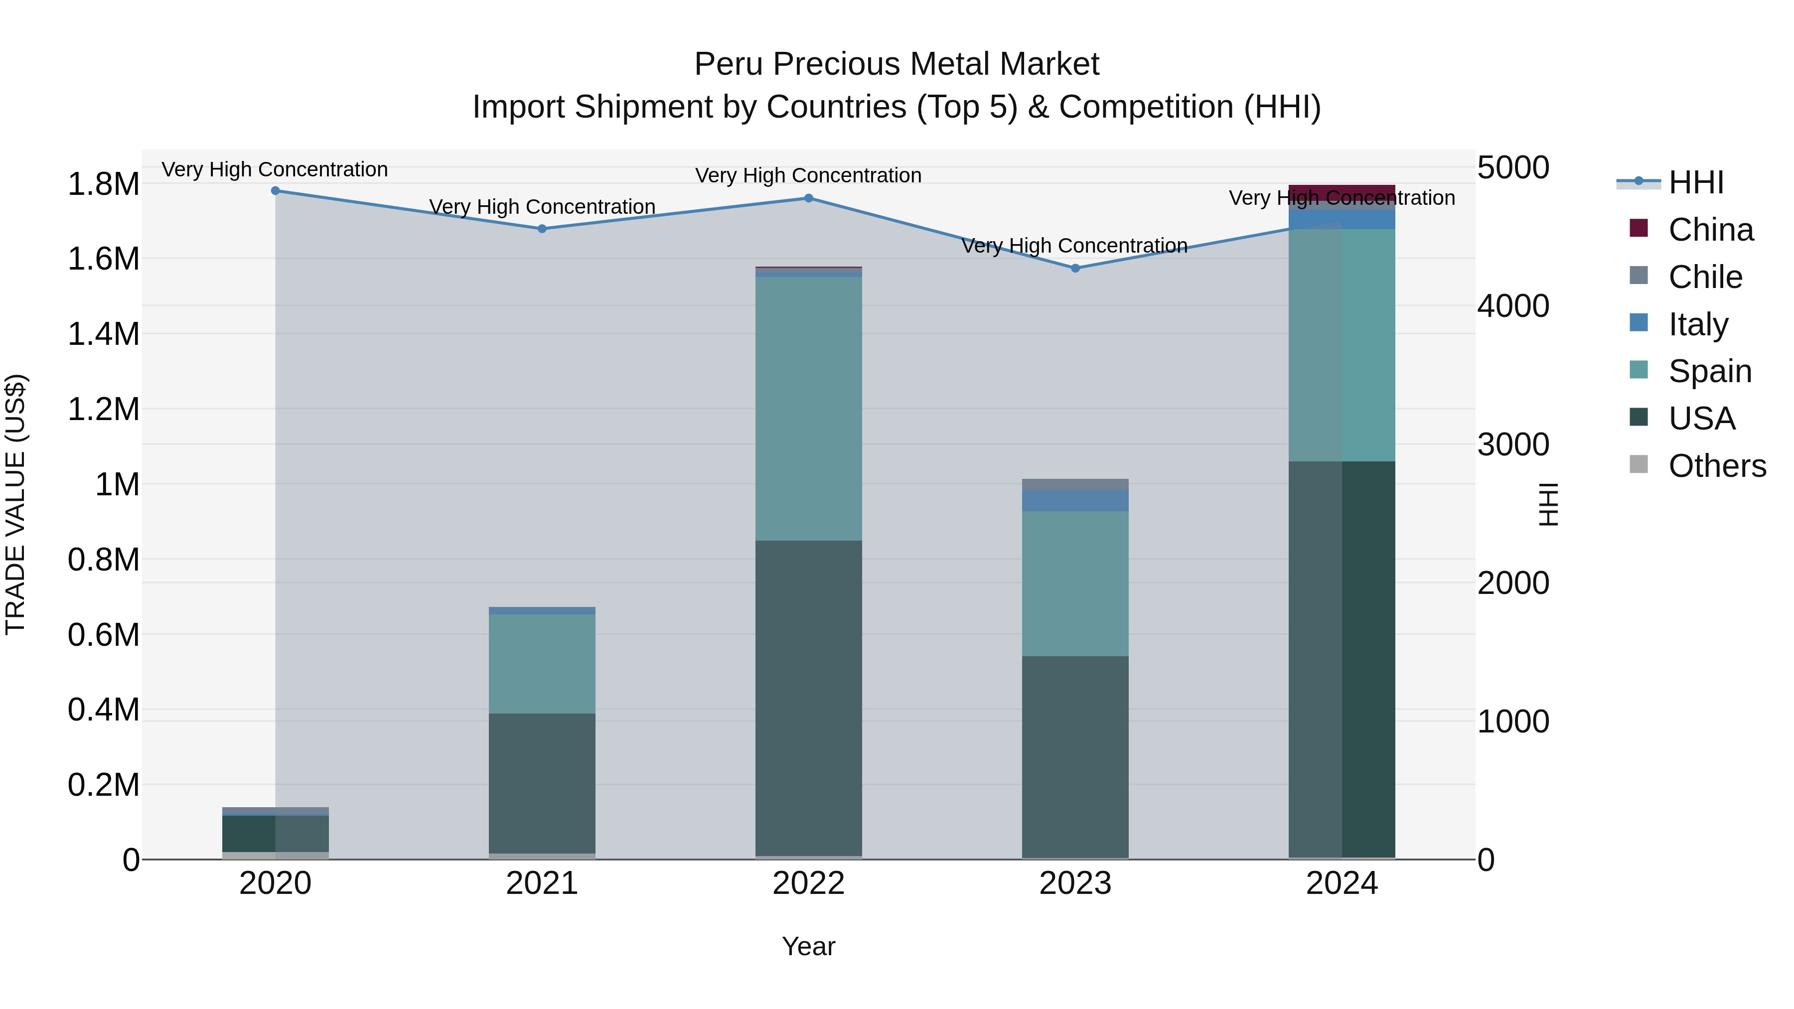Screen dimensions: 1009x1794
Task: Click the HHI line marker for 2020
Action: pyautogui.click(x=275, y=191)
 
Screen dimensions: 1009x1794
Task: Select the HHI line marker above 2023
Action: pyautogui.click(x=1075, y=268)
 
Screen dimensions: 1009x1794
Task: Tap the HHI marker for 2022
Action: pyautogui.click(x=809, y=198)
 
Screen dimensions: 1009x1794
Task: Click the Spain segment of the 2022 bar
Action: pyautogui.click(x=809, y=409)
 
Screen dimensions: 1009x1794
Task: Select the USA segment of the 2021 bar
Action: pyautogui.click(x=542, y=783)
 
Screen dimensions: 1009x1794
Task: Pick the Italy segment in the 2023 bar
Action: pyautogui.click(x=1075, y=501)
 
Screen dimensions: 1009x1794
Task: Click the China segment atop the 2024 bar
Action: pyautogui.click(x=1342, y=192)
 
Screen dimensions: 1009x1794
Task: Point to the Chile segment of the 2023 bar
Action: pyautogui.click(x=1075, y=485)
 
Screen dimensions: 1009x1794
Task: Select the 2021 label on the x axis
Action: pyautogui.click(x=542, y=883)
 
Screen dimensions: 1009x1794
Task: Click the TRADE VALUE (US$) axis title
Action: pyautogui.click(x=15, y=504)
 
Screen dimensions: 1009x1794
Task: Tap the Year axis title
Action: pyautogui.click(x=809, y=946)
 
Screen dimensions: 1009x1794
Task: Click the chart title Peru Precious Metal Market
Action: pyautogui.click(x=897, y=64)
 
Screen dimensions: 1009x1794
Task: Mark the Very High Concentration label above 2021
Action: pyautogui.click(x=542, y=207)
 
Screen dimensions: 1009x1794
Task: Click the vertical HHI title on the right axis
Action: pyautogui.click(x=1547, y=504)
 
